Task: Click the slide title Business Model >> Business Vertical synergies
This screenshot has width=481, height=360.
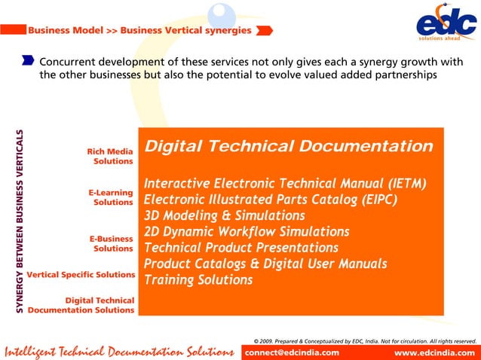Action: [139, 31]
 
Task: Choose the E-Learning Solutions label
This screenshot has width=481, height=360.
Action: [111, 197]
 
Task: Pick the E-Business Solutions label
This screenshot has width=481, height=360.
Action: [111, 243]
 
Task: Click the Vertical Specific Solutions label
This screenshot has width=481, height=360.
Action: [81, 274]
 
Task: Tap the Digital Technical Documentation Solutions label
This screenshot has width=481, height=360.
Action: [81, 305]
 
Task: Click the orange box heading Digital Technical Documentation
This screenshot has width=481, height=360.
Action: [288, 146]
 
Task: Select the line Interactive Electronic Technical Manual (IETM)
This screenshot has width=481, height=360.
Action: [285, 184]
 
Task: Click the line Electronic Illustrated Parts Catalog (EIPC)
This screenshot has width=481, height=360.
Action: [270, 200]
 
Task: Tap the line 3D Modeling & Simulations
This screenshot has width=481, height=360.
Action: [213, 215]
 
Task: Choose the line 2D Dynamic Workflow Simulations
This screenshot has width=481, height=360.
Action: [247, 231]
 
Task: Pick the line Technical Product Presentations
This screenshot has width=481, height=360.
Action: [240, 247]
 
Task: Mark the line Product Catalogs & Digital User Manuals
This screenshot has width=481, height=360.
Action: [265, 264]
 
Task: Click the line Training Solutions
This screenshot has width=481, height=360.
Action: [198, 279]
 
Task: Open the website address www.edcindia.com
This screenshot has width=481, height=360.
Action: [435, 352]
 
